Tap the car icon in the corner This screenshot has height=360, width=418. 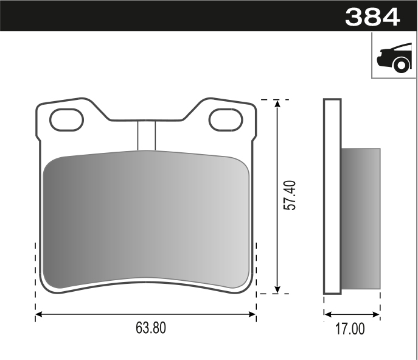(394, 57)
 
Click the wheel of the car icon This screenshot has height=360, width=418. (401, 65)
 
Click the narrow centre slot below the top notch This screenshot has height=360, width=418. (147, 135)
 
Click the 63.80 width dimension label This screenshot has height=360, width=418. (150, 328)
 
